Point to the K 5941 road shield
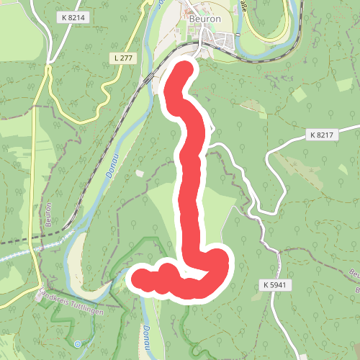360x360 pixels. (276, 285)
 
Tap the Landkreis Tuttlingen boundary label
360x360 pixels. (75, 299)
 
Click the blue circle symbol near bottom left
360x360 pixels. (78, 343)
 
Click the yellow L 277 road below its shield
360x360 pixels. (108, 90)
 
